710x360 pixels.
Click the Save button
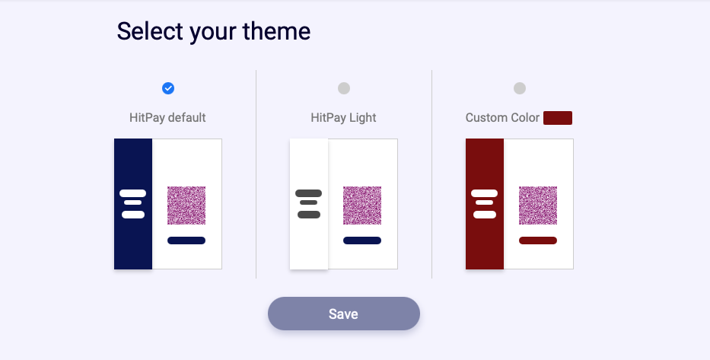(344, 314)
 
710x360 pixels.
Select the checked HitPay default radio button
(168, 88)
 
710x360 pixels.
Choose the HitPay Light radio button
(344, 88)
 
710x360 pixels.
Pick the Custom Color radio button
(519, 88)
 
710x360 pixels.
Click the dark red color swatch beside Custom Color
(557, 118)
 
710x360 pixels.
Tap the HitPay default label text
(167, 118)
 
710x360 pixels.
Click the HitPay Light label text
(343, 118)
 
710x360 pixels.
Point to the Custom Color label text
(502, 118)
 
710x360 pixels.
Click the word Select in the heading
(151, 31)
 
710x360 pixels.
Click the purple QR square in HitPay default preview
(186, 205)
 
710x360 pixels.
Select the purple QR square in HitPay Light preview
(361, 205)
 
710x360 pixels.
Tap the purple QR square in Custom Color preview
(537, 205)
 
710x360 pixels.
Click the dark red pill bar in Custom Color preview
(537, 241)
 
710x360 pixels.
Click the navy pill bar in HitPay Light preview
(361, 241)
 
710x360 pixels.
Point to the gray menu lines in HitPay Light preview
(308, 204)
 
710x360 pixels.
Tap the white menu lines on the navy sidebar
(132, 204)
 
